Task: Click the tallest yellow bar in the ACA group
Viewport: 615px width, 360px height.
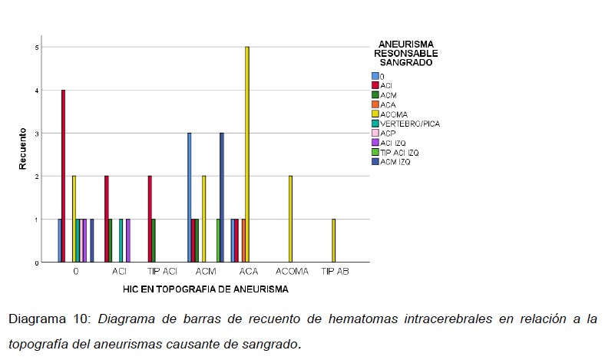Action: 247,154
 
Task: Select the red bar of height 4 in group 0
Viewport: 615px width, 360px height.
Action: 64,176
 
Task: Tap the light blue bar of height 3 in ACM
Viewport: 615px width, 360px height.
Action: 189,197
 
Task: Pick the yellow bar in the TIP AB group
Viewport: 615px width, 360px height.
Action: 333,240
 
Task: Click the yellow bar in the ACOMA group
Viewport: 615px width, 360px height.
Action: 290,219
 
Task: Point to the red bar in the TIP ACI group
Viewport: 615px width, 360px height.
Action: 150,219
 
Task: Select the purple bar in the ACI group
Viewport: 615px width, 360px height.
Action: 127,240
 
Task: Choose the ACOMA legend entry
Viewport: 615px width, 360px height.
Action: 396,114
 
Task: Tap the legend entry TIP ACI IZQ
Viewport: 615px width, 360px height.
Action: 401,152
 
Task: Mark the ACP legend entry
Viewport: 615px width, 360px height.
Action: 389,133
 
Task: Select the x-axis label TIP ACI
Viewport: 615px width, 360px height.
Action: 162,271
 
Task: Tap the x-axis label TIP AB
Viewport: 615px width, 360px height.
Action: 335,271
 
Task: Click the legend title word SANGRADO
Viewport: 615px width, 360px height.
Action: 405,63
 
